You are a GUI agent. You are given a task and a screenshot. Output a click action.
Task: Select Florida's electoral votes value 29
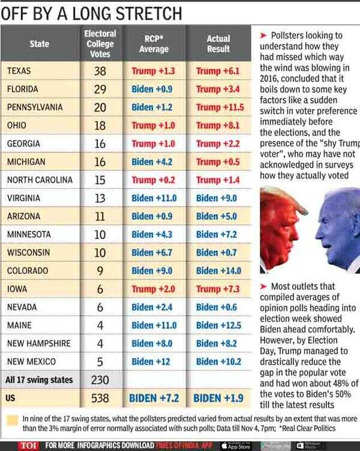pyautogui.click(x=100, y=89)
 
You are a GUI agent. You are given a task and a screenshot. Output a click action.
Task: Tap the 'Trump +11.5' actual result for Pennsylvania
pyautogui.click(x=219, y=107)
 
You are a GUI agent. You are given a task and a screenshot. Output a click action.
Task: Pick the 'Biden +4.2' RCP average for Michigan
pyautogui.click(x=153, y=162)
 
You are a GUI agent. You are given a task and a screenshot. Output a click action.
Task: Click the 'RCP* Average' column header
pyautogui.click(x=154, y=44)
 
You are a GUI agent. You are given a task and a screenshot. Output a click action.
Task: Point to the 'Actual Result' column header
pyautogui.click(x=218, y=44)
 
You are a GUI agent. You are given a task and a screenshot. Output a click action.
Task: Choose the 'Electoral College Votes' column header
pyautogui.click(x=100, y=44)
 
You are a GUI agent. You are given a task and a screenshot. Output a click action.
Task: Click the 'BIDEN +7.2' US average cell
pyautogui.click(x=154, y=398)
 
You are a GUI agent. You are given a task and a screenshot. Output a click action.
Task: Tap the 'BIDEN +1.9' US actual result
pyautogui.click(x=218, y=398)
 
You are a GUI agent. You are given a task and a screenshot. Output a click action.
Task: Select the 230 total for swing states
pyautogui.click(x=100, y=380)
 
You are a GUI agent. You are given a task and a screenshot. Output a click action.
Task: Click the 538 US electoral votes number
pyautogui.click(x=100, y=398)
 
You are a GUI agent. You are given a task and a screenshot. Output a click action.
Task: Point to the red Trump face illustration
pyautogui.click(x=279, y=228)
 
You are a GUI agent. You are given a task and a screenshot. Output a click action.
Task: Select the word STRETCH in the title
pyautogui.click(x=143, y=13)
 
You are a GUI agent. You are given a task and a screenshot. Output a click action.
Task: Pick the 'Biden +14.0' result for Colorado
pyautogui.click(x=218, y=271)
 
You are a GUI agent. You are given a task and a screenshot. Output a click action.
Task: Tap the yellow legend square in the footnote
pyautogui.click(x=11, y=419)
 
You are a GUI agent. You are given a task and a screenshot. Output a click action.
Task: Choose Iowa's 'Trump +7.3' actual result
pyautogui.click(x=218, y=289)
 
